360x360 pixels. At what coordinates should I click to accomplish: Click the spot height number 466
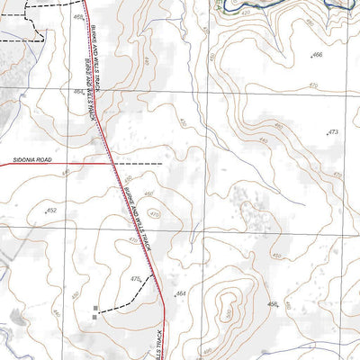(x=316, y=55)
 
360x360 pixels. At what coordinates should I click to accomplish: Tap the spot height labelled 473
(x=332, y=132)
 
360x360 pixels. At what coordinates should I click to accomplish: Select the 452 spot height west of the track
(x=51, y=211)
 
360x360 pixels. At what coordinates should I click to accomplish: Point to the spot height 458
(x=273, y=305)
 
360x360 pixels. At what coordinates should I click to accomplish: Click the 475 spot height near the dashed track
(x=137, y=280)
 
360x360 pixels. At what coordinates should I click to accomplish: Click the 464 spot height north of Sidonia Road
(x=79, y=92)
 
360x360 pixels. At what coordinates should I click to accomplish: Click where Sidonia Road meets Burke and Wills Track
(x=112, y=164)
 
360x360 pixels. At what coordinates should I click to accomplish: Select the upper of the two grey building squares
(x=95, y=308)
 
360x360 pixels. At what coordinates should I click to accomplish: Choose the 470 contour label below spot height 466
(x=312, y=85)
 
